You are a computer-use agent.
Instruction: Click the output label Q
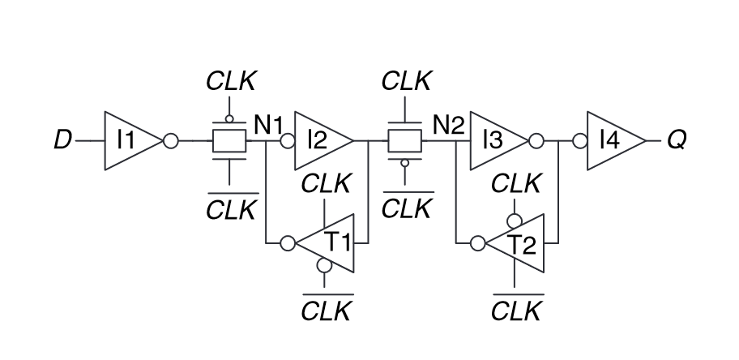click(x=677, y=141)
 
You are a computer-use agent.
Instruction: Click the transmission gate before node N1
click(x=229, y=141)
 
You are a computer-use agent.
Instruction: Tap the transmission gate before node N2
click(x=405, y=141)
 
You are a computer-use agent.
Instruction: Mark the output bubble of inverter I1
click(x=170, y=141)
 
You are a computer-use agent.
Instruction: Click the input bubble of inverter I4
click(x=579, y=141)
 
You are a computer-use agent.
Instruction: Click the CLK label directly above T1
click(x=326, y=182)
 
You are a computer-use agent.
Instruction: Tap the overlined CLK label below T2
click(x=515, y=310)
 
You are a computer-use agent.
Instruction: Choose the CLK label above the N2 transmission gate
click(x=406, y=80)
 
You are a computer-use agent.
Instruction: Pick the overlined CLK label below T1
click(x=326, y=310)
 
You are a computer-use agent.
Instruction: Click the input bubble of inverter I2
click(x=286, y=141)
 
